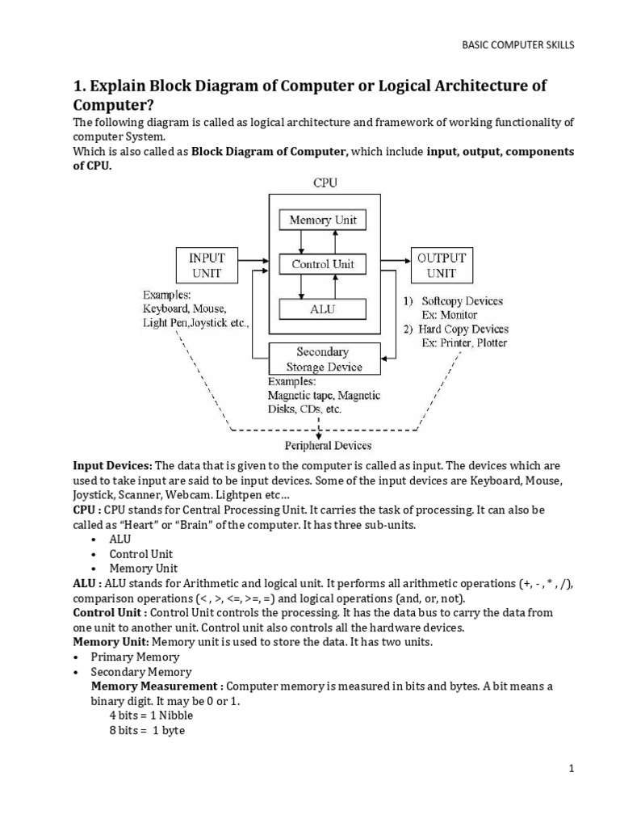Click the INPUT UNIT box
coord(207,265)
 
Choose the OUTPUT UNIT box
coord(441,265)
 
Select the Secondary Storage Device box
coord(323,359)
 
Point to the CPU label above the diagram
coord(325,183)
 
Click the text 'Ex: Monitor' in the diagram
coord(450,315)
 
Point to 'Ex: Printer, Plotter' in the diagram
coord(464,342)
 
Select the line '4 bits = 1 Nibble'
coord(151,716)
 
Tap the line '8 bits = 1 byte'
coord(148,731)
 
